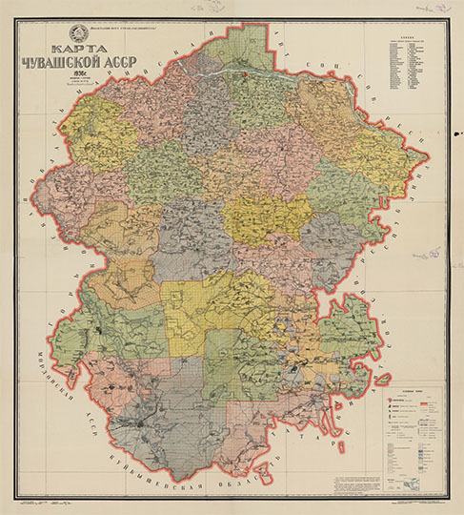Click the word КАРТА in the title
coord(81,55)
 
